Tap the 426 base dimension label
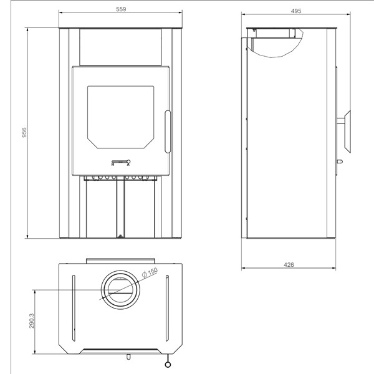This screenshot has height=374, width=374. [288, 264]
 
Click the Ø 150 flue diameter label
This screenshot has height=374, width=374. [150, 272]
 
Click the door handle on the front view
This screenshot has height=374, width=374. [167, 131]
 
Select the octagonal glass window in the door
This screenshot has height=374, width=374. [120, 116]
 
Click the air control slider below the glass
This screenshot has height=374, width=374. [120, 163]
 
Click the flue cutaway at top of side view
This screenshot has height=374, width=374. [274, 41]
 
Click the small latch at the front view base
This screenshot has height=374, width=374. [120, 236]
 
